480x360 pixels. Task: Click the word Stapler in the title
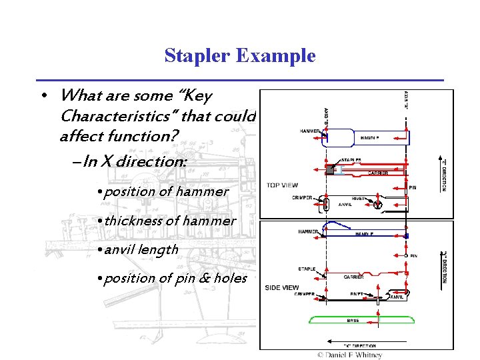click(x=197, y=56)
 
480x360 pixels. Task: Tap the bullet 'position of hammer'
click(x=162, y=191)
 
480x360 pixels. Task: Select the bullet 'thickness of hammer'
click(x=165, y=220)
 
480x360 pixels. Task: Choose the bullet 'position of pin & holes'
click(x=171, y=278)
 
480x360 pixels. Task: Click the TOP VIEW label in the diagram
click(x=283, y=185)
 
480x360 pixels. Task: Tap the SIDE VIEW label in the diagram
click(x=282, y=287)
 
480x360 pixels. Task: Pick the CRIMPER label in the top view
click(x=303, y=198)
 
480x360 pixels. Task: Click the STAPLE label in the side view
click(x=306, y=269)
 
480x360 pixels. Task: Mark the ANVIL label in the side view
click(x=397, y=297)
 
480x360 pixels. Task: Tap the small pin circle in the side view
click(x=405, y=255)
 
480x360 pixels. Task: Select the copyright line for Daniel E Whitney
click(x=349, y=355)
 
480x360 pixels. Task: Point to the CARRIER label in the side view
click(x=353, y=276)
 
